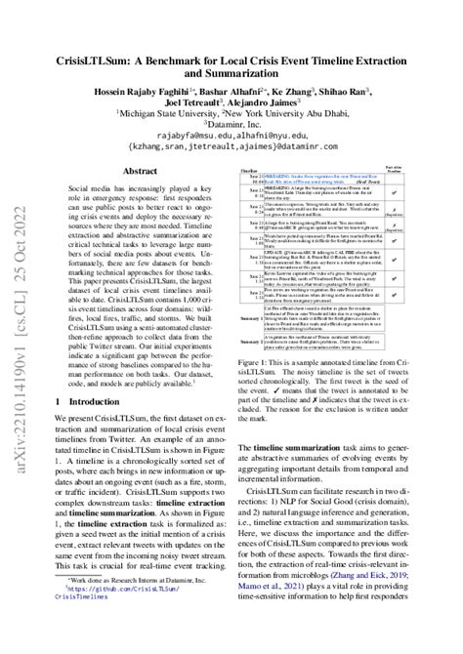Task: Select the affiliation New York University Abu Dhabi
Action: [305, 99]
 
